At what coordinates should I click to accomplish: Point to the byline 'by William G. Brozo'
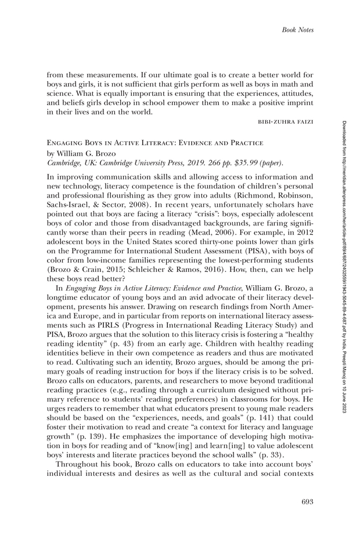[81, 153]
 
